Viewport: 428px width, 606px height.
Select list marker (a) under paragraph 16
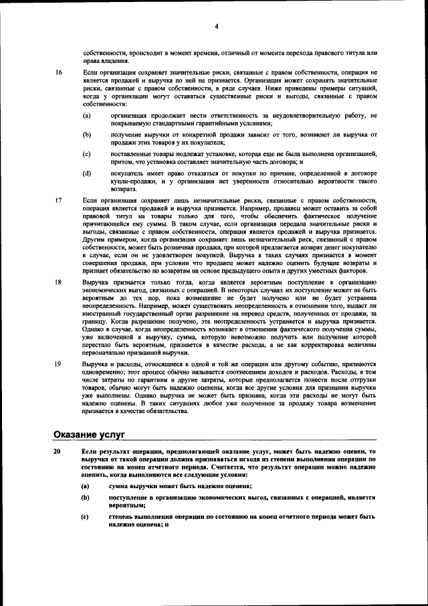point(86,116)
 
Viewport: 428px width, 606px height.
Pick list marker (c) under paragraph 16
point(86,153)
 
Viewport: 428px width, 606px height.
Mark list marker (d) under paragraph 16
point(86,173)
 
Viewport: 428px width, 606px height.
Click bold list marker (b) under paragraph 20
point(86,498)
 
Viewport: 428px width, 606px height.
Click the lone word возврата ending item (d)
point(123,189)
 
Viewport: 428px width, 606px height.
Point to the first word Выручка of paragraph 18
point(95,283)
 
